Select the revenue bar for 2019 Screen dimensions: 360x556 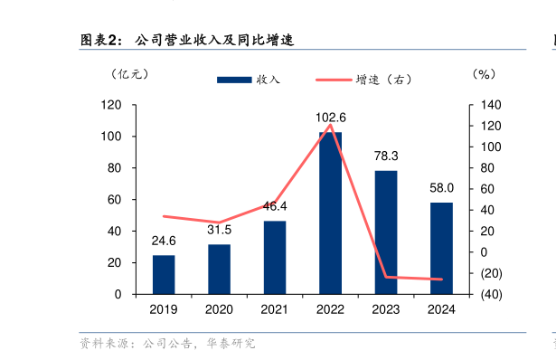click(x=164, y=274)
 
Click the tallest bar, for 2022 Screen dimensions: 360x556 click(x=330, y=213)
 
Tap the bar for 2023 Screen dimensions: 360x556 click(x=386, y=232)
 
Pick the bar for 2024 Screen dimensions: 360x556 click(x=441, y=248)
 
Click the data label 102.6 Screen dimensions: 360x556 click(x=331, y=118)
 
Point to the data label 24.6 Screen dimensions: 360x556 click(x=164, y=241)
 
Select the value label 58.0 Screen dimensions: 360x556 click(x=442, y=188)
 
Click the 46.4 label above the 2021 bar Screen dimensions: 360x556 click(x=275, y=206)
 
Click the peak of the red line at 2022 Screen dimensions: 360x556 click(x=330, y=125)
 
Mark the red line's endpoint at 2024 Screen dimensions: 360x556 click(x=441, y=279)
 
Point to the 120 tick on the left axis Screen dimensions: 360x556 click(x=111, y=105)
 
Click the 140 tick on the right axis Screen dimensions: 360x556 click(x=487, y=105)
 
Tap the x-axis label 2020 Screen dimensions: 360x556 click(x=219, y=309)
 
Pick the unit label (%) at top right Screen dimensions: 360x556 click(x=485, y=74)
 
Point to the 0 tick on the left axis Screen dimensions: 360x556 click(x=118, y=295)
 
